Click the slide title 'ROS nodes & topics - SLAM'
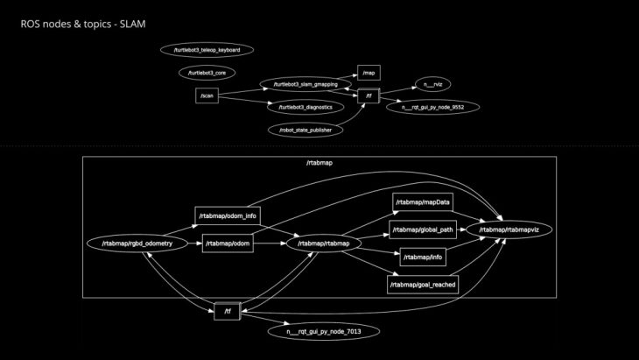pos(82,23)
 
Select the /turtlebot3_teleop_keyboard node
pos(207,50)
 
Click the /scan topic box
pos(207,95)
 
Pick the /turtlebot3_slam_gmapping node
pos(299,84)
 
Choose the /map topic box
pos(369,73)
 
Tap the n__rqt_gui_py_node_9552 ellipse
pos(432,107)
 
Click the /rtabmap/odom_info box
pos(227,215)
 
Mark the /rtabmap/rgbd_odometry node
pos(137,244)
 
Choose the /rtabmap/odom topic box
pos(228,244)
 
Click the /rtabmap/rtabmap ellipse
pos(324,244)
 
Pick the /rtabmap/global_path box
pos(424,230)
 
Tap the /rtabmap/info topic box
pos(424,258)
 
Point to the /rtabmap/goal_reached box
pos(424,284)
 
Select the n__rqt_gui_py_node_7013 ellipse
pos(323,332)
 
